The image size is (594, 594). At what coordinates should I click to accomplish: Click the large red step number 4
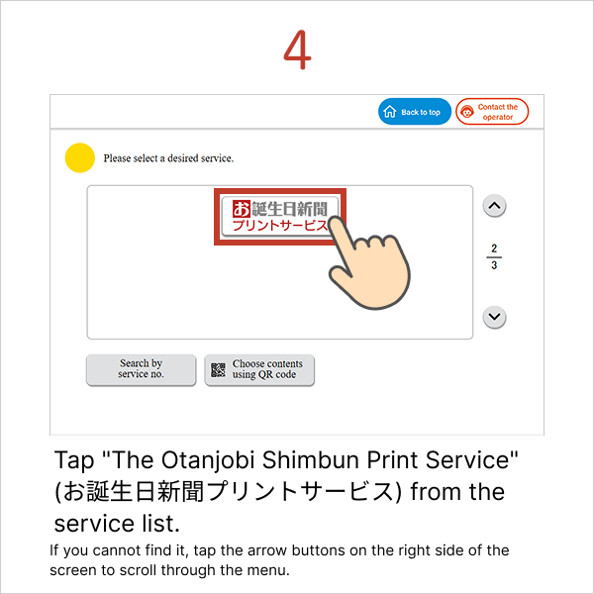[297, 49]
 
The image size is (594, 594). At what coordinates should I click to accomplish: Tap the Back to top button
[414, 112]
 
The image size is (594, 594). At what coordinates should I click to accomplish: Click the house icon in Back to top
[390, 112]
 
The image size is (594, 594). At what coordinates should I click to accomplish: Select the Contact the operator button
[492, 112]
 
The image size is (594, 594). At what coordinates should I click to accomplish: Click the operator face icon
[467, 113]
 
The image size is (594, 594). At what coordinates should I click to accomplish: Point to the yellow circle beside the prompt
[79, 158]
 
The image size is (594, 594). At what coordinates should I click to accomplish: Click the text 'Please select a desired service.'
[168, 158]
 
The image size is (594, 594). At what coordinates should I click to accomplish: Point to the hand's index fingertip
[339, 221]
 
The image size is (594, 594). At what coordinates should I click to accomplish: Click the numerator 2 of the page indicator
[493, 247]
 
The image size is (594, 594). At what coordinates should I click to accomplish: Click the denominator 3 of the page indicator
[493, 265]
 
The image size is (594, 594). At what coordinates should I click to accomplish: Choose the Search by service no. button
[141, 369]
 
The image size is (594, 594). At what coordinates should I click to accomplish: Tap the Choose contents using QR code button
[259, 369]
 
